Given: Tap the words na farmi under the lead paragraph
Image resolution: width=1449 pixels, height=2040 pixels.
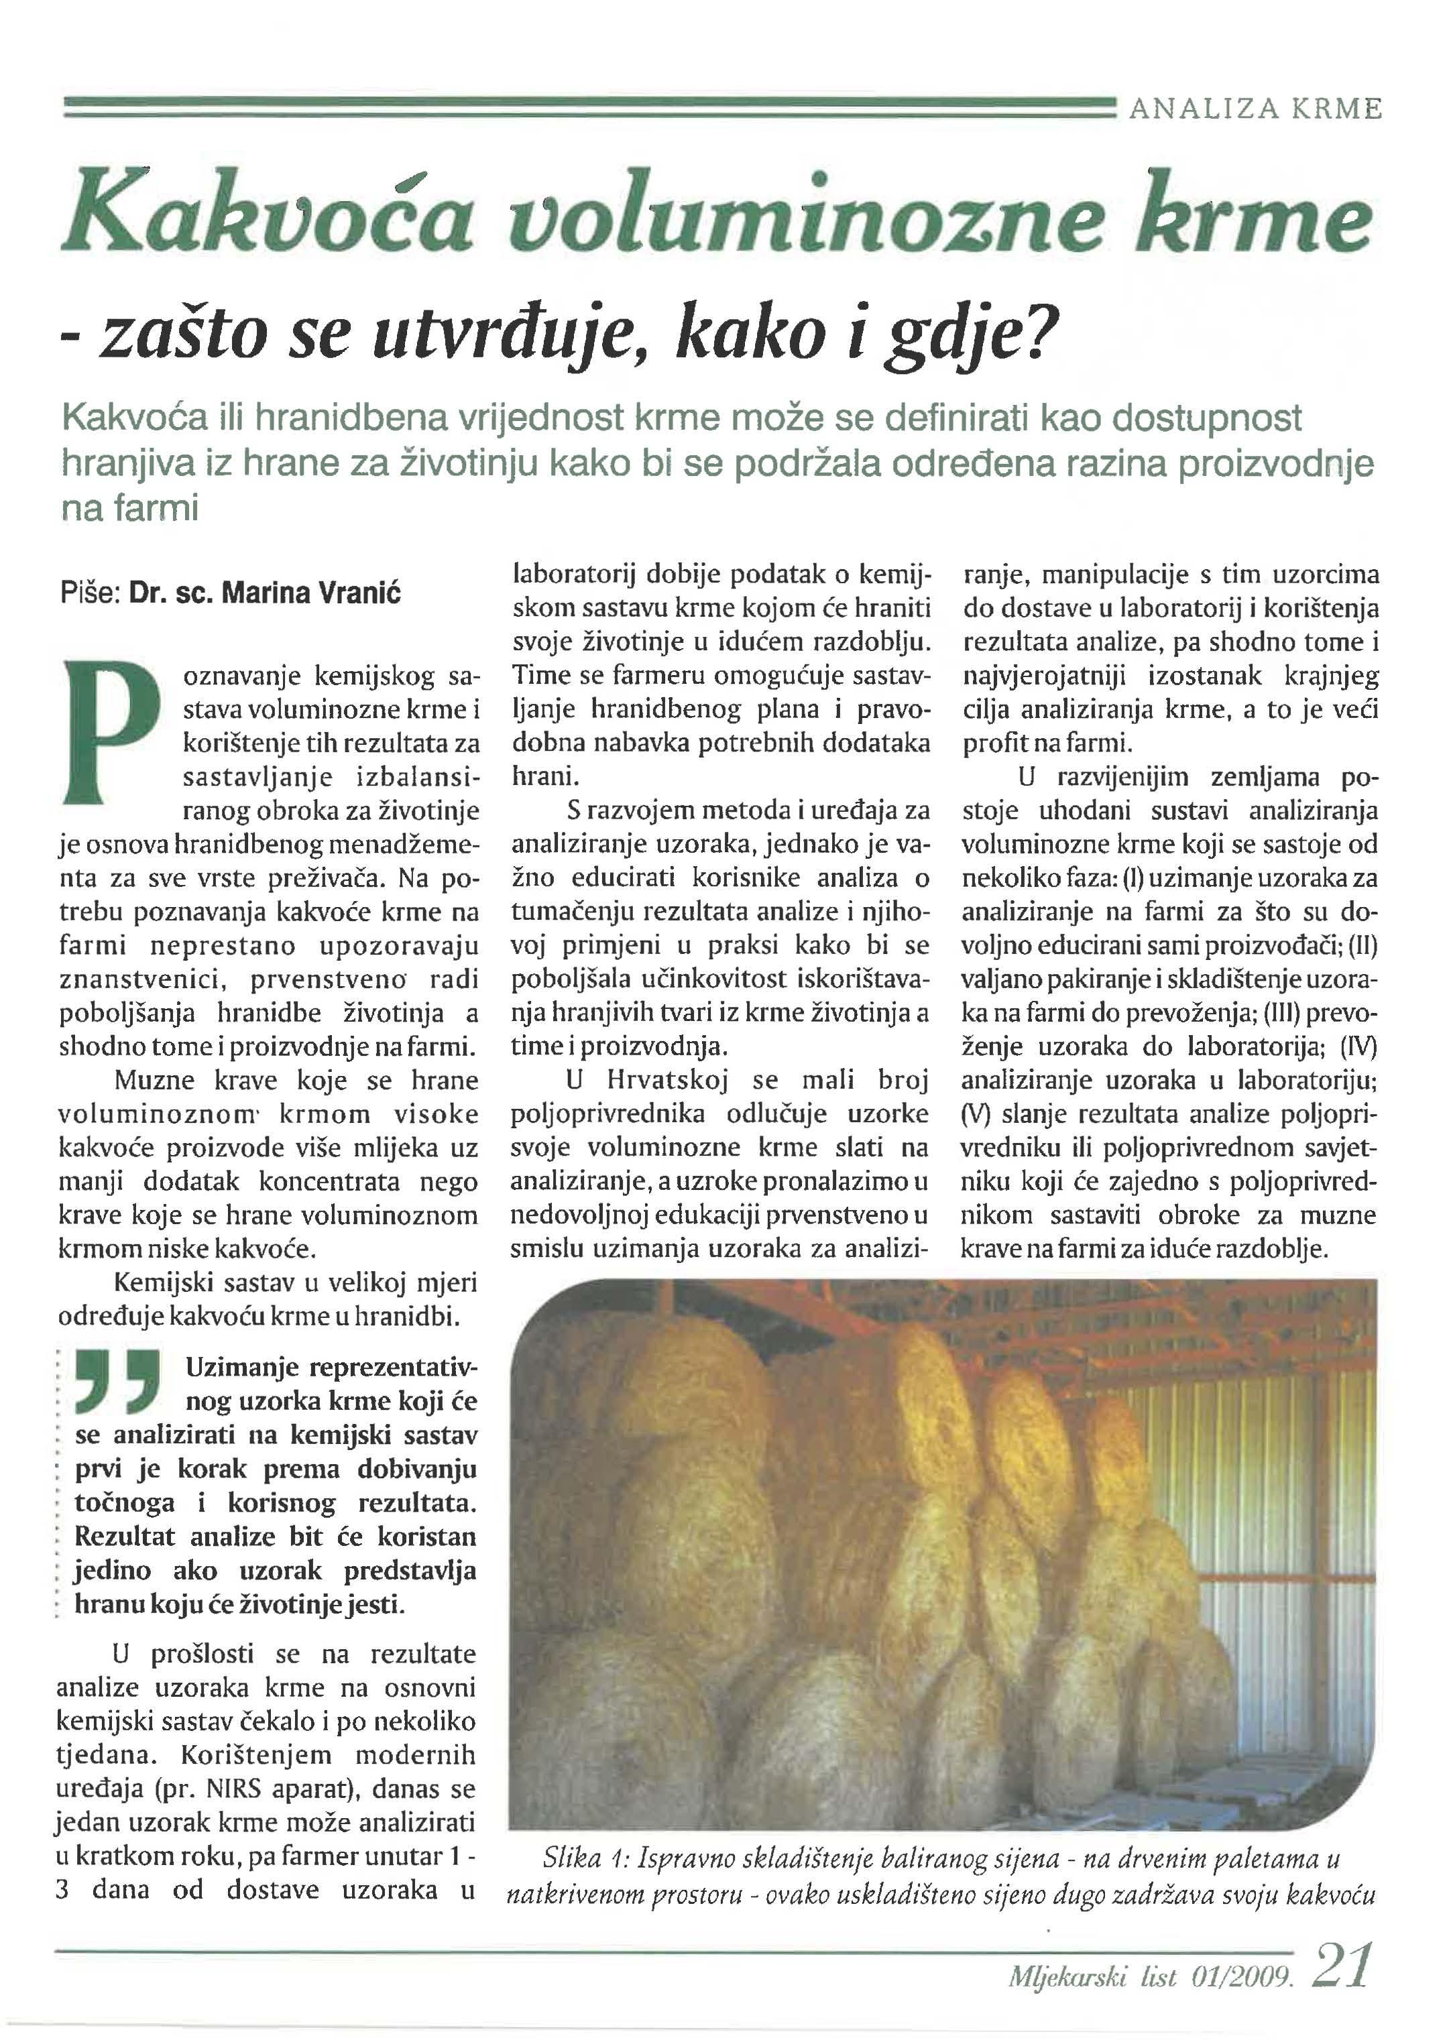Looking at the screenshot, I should click(129, 509).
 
